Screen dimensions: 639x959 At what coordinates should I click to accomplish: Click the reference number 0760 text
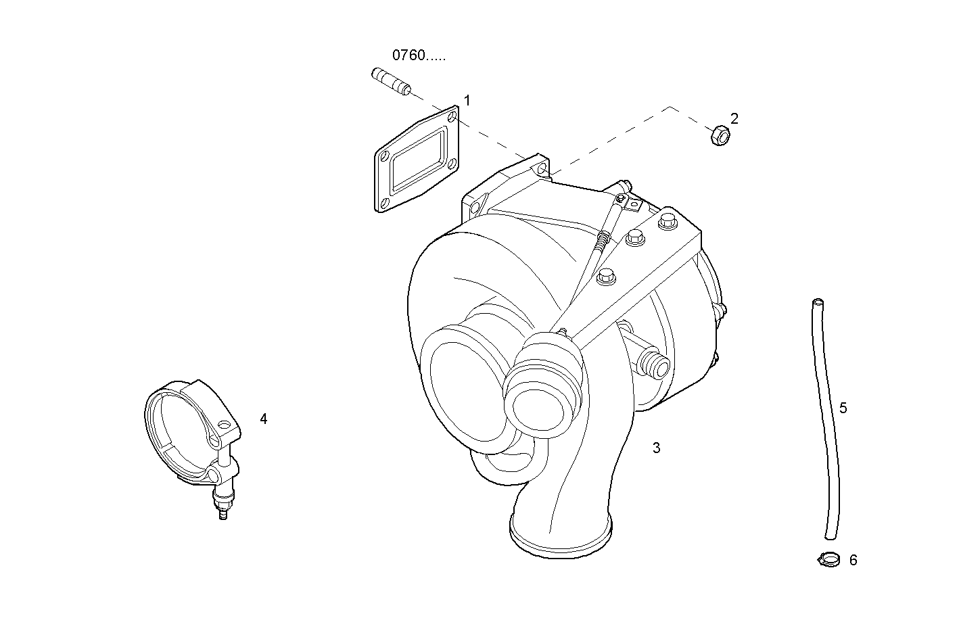pos(418,55)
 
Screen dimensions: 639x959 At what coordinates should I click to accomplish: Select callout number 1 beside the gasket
pos(467,101)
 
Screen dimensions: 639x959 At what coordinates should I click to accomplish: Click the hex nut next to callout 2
pos(719,136)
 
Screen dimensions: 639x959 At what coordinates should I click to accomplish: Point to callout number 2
pos(734,118)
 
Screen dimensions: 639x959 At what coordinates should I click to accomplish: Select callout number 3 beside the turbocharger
pos(656,448)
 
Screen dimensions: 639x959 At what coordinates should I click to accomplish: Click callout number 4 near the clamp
pos(264,419)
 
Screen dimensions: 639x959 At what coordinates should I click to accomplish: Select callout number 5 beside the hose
pos(843,408)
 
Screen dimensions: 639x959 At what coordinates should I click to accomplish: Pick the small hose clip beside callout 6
pos(828,560)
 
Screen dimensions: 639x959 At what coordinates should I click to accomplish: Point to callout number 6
pos(853,561)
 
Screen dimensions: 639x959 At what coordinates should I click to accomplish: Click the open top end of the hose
pos(818,303)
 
